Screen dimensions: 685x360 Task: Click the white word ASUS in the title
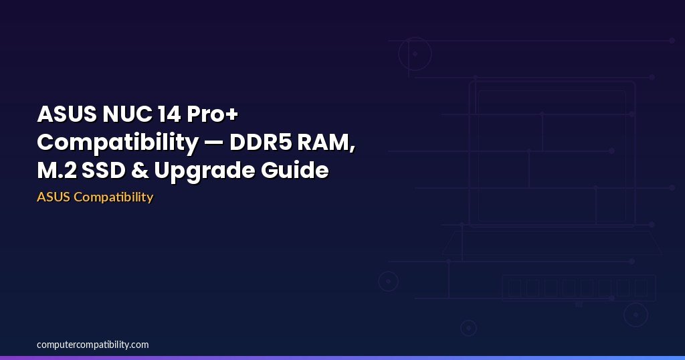click(67, 114)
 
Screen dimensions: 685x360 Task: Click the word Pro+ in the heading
click(212, 114)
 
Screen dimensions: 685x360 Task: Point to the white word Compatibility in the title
click(118, 143)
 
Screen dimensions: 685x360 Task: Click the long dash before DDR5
click(214, 143)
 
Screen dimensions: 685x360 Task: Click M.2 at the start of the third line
click(56, 171)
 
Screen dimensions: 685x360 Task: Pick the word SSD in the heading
click(104, 171)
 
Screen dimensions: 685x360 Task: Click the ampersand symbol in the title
click(140, 171)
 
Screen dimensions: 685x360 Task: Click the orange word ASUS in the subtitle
click(54, 197)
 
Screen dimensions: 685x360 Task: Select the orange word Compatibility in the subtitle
click(113, 197)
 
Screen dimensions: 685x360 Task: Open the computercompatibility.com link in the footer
click(92, 345)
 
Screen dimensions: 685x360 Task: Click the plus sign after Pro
click(232, 114)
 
